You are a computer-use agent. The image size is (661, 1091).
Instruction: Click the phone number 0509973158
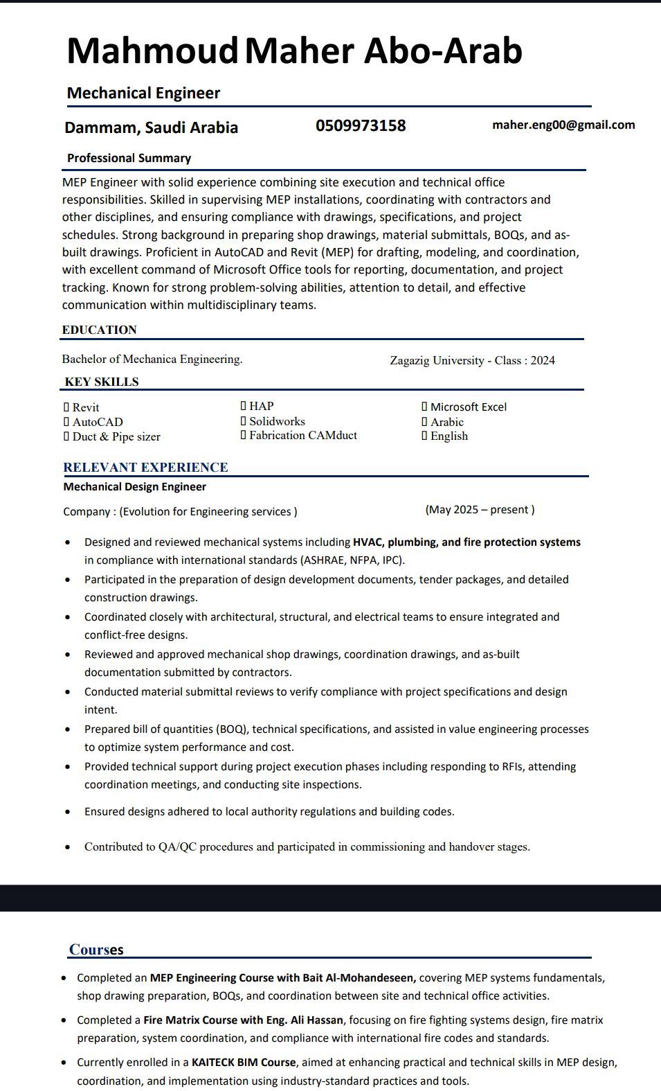361,125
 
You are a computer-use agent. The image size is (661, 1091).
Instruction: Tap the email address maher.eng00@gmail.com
563,125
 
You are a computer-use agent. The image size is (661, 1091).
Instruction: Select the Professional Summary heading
129,158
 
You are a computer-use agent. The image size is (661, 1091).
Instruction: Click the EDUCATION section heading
99,330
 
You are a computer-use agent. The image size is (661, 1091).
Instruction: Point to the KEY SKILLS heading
102,382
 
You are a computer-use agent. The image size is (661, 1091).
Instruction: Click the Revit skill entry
85,407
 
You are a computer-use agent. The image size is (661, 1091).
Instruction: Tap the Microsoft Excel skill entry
468,407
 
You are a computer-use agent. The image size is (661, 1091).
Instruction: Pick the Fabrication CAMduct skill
302,435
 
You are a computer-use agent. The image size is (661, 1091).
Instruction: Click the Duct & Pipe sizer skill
116,436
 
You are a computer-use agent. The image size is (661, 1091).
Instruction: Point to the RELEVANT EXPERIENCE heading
145,467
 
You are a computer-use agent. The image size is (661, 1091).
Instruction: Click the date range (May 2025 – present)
480,510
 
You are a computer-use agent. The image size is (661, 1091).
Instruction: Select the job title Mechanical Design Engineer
134,486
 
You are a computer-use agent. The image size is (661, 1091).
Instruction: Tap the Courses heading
96,949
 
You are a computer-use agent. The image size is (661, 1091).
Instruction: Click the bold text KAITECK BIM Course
244,1062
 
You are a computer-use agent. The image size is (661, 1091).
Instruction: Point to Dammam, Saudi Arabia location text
151,127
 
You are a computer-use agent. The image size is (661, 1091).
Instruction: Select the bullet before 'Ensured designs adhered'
67,812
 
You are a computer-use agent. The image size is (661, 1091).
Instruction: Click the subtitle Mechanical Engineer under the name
143,93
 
